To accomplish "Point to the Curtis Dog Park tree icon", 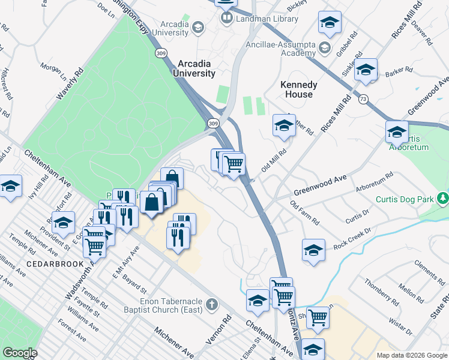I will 443,197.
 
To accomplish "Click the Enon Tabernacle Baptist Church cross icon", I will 211,305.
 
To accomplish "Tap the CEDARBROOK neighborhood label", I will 50,264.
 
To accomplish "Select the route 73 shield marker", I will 363,100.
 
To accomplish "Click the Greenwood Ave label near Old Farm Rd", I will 320,185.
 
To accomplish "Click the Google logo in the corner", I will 20,353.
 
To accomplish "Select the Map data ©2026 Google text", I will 412,355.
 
